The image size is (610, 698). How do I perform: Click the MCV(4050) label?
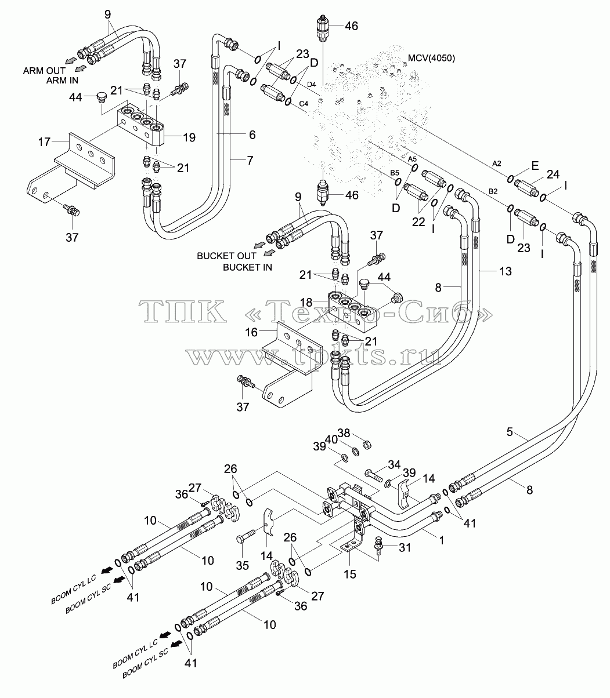pos(431,59)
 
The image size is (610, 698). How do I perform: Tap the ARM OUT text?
pos(44,71)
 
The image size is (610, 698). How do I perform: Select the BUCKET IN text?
pos(247,267)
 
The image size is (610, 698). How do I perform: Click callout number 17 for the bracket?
pos(44,141)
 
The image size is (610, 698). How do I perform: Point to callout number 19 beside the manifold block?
pos(189,137)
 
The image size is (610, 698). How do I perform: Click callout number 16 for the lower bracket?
pos(251,332)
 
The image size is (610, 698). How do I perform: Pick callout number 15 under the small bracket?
pos(350,574)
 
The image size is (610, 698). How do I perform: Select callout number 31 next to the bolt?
pos(405,547)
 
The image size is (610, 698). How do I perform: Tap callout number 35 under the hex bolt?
pos(243,565)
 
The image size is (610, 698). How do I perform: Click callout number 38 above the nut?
pos(344,433)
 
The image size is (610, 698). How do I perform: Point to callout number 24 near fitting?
pos(553,174)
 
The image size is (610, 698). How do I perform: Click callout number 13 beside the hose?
pos(506,271)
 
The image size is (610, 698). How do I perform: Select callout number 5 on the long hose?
pos(510,432)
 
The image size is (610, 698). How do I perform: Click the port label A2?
pos(497,163)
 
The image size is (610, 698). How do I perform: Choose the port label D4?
pos(312,84)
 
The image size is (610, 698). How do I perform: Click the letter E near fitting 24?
pos(535,166)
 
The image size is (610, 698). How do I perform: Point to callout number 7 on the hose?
pos(250,160)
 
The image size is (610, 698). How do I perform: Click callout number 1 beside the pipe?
pos(441,540)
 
